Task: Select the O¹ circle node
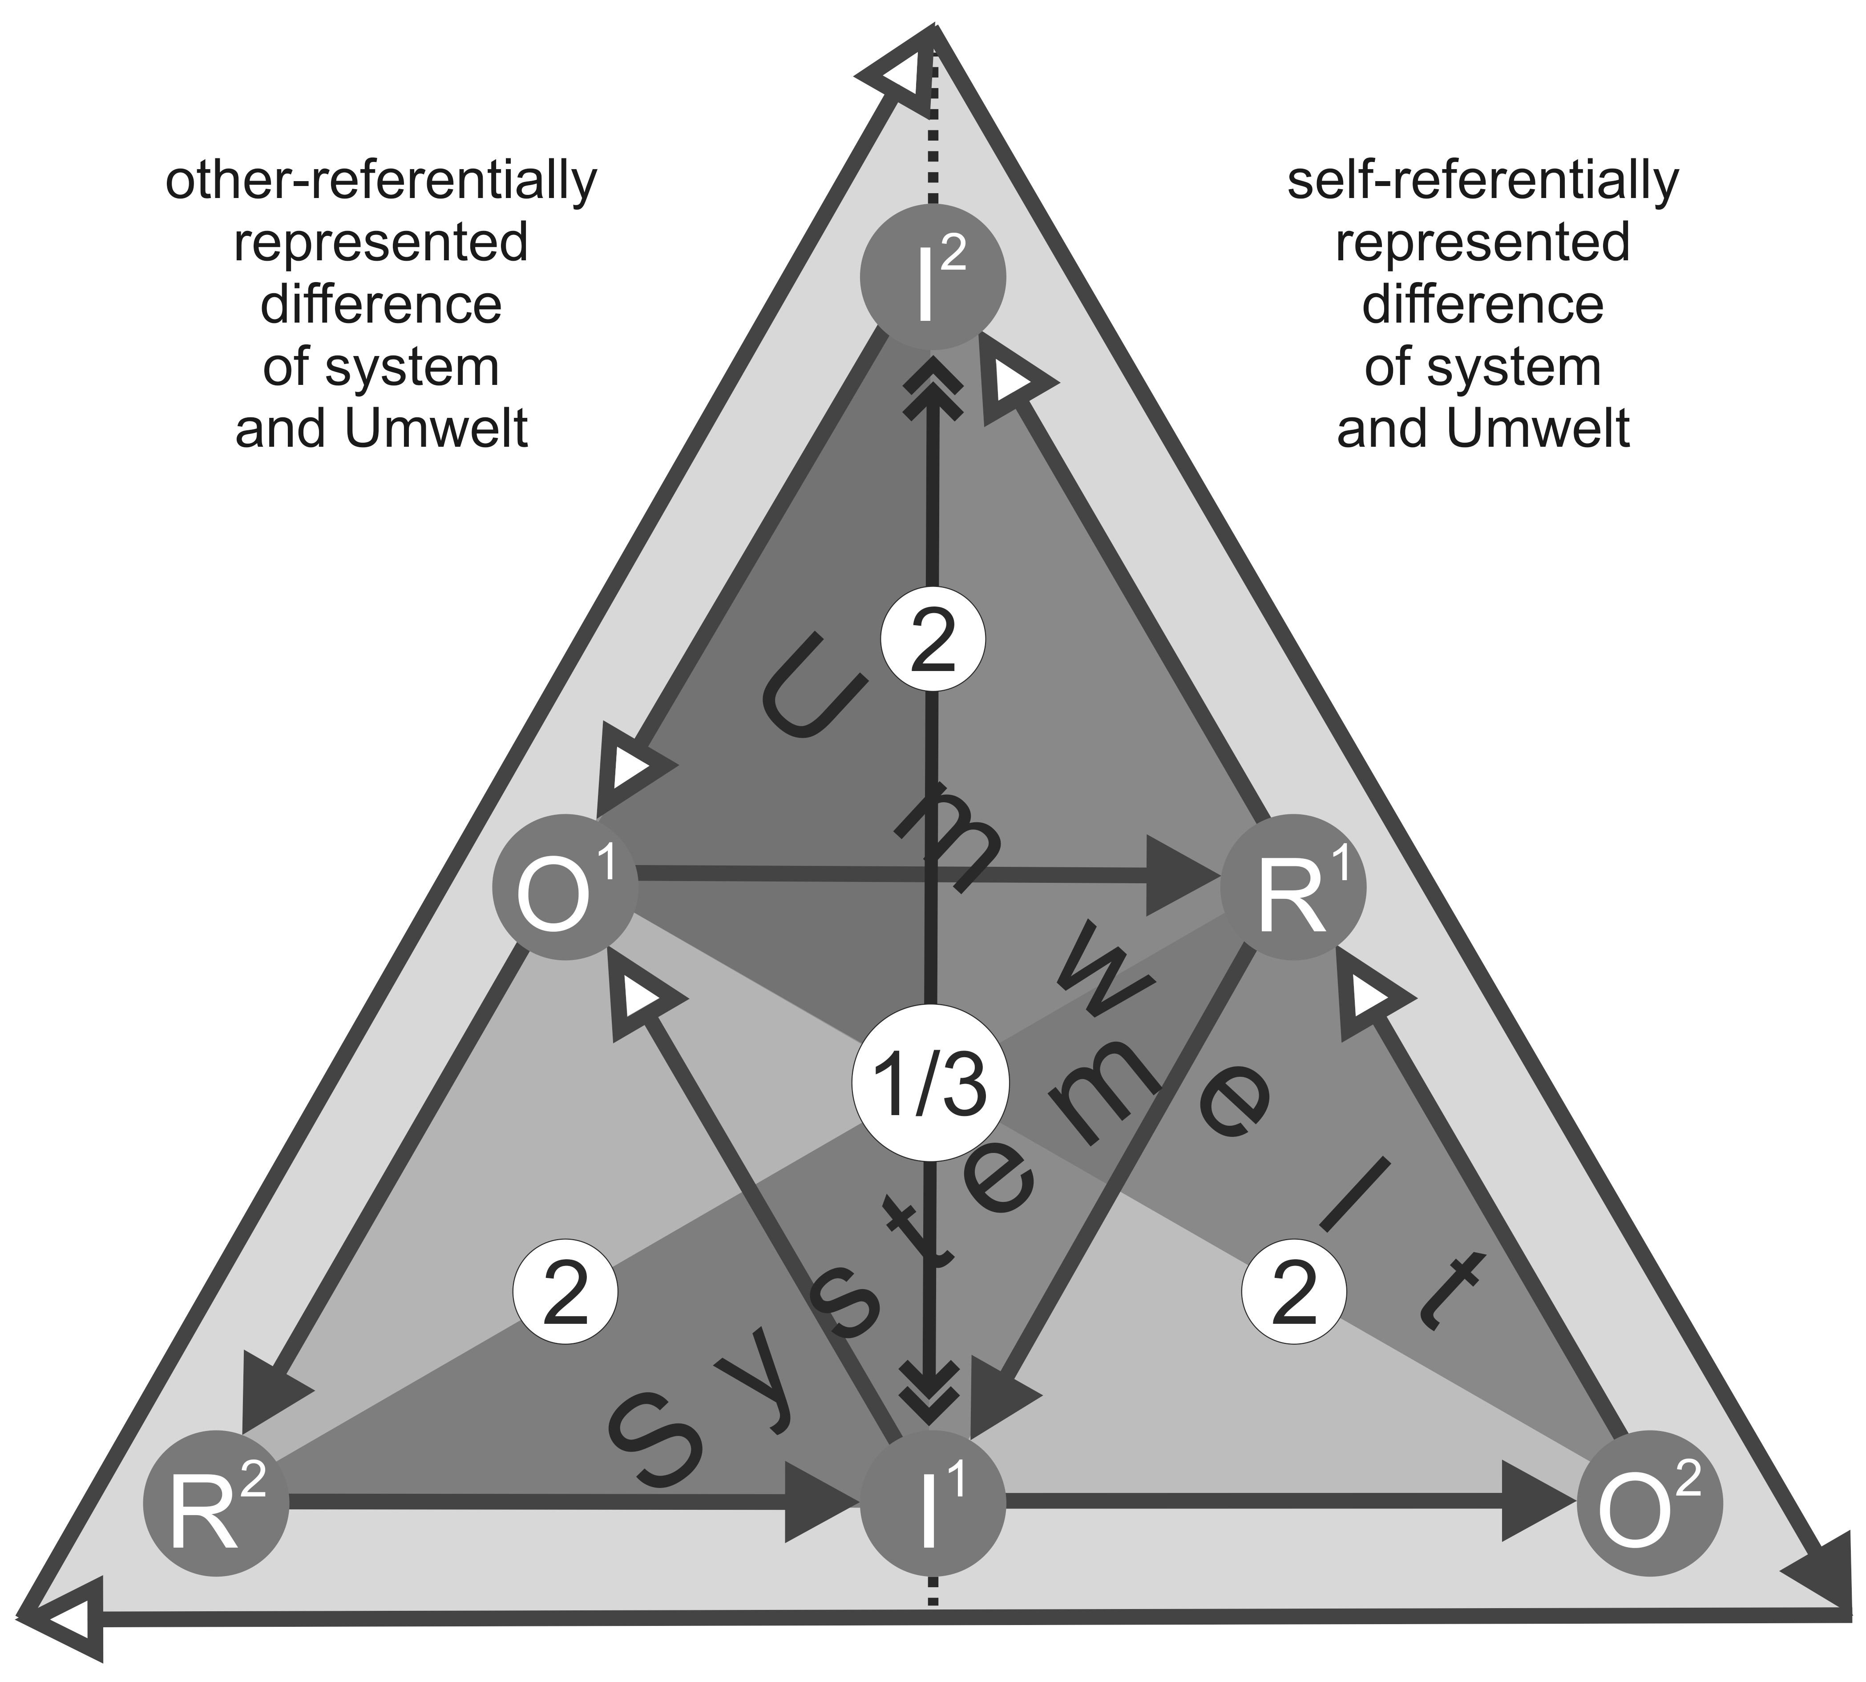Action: pyautogui.click(x=564, y=887)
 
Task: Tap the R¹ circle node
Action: pyautogui.click(x=1292, y=887)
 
